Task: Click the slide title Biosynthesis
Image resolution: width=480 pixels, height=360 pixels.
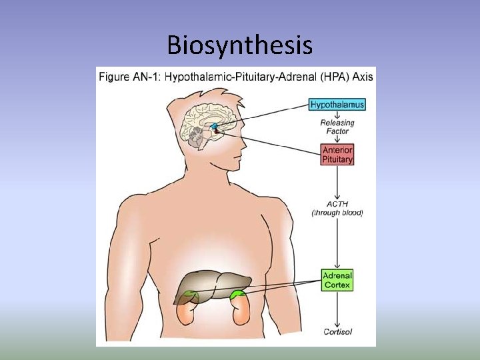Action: click(239, 45)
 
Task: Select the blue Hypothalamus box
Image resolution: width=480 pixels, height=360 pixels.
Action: click(337, 105)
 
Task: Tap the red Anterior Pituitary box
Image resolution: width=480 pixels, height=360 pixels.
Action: click(337, 155)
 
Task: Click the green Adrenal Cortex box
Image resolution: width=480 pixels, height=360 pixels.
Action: click(337, 280)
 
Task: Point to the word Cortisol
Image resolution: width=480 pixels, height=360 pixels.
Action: click(337, 331)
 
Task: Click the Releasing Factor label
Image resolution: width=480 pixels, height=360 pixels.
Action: click(337, 127)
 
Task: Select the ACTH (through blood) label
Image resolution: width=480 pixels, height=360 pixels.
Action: click(337, 209)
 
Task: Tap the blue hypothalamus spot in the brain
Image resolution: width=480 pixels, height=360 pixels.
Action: click(214, 126)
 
